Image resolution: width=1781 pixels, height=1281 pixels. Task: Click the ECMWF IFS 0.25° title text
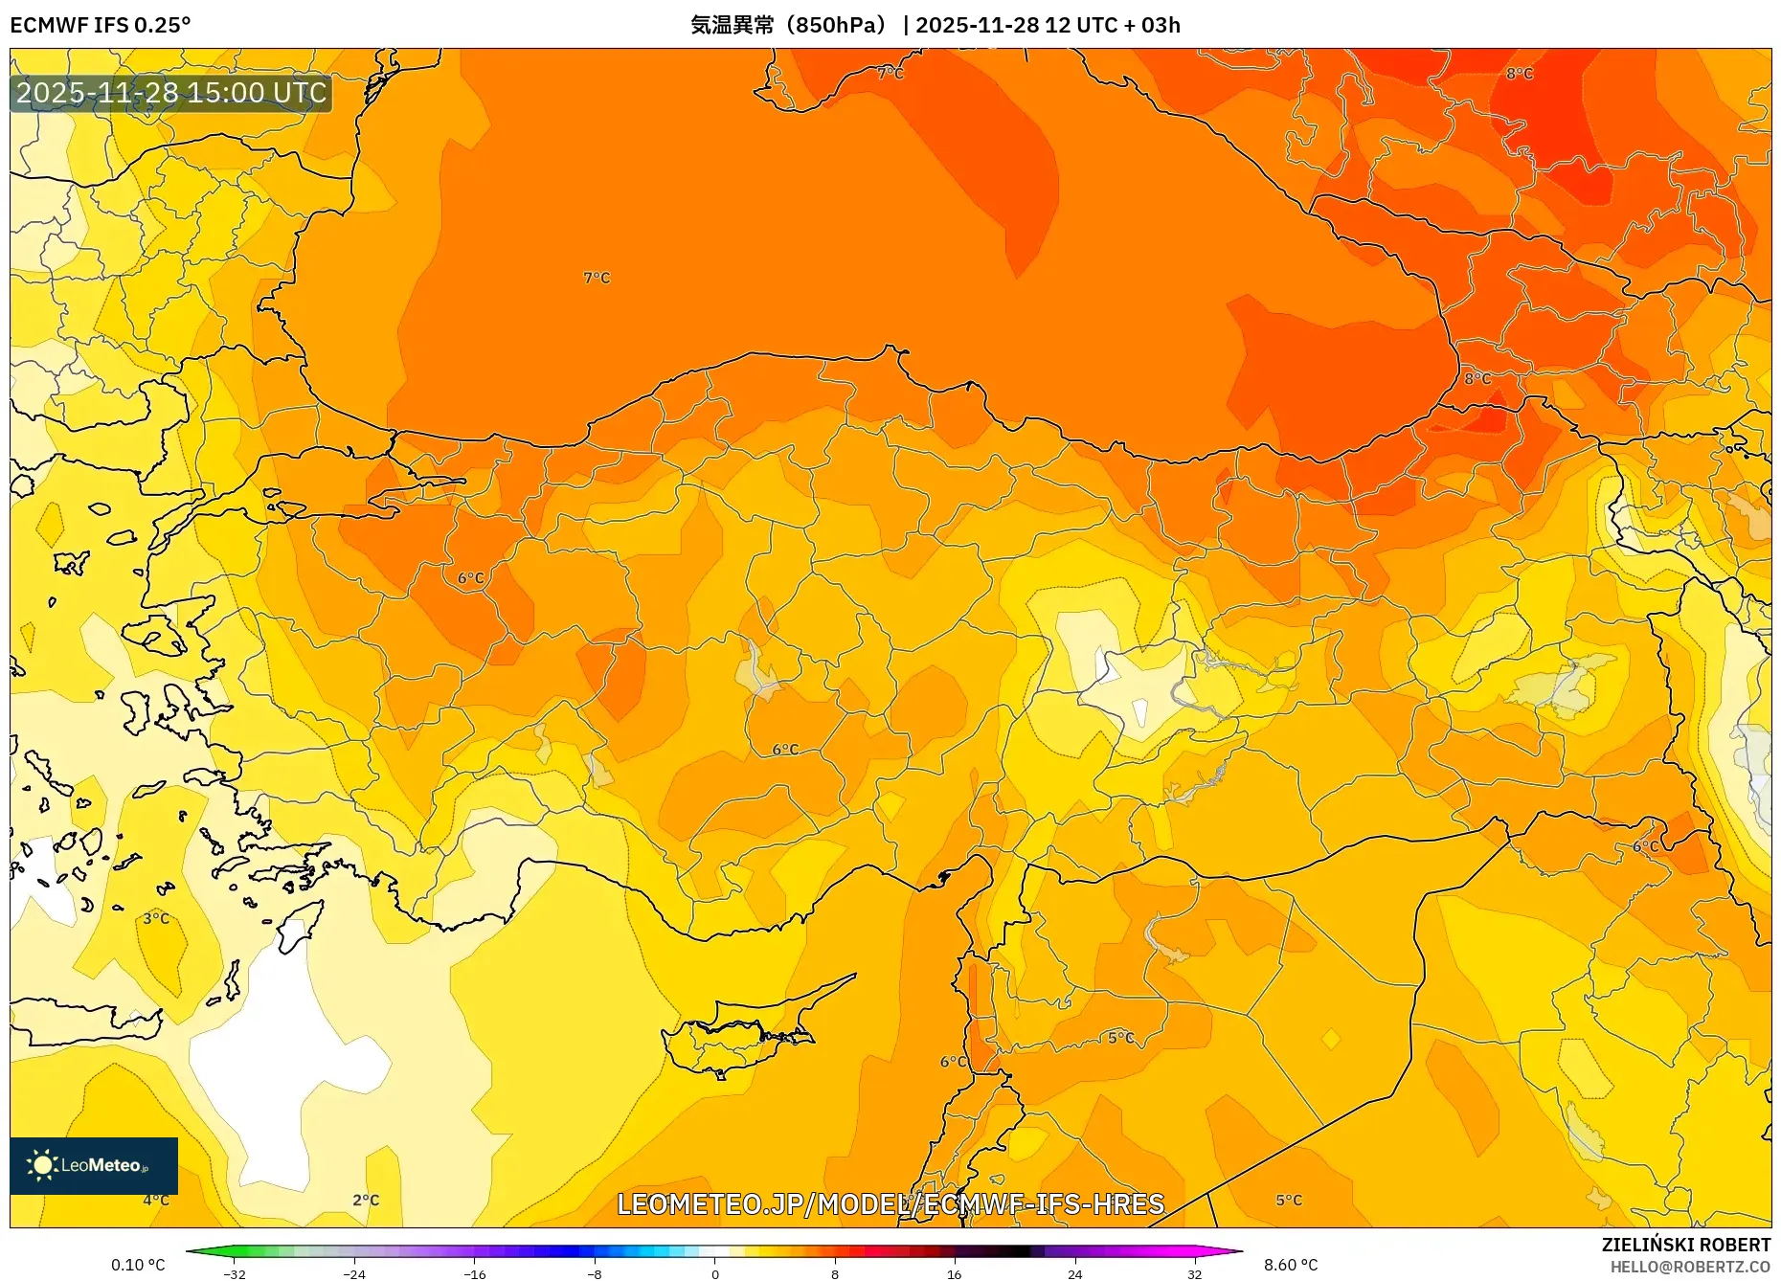tap(101, 25)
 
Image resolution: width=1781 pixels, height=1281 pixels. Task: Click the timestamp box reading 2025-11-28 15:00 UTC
tap(171, 93)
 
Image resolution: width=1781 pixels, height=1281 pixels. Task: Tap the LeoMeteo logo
tap(93, 1165)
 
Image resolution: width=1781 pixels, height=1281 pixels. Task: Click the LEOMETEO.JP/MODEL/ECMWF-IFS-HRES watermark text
tap(890, 1203)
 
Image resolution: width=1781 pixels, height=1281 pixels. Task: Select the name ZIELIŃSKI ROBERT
tap(1685, 1245)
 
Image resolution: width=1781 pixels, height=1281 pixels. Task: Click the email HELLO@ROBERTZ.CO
tap(1689, 1267)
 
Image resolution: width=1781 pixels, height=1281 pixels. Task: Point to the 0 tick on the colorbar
tap(714, 1273)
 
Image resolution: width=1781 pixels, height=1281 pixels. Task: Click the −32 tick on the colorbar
tap(235, 1273)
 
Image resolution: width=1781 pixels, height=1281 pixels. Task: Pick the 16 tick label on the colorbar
tap(954, 1273)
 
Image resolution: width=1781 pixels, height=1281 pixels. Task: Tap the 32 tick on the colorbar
tap(1194, 1273)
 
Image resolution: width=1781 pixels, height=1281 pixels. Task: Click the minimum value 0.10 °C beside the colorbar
tap(138, 1265)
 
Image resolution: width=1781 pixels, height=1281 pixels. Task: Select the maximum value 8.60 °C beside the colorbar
tap(1291, 1265)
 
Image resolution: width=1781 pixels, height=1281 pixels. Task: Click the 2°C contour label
tap(366, 1200)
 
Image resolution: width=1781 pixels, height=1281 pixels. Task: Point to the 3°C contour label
tap(156, 918)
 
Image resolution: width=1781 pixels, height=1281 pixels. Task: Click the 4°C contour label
tap(156, 1200)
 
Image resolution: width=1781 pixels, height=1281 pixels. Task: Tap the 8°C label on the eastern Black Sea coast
tap(1477, 378)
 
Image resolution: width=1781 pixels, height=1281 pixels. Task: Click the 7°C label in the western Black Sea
tap(597, 278)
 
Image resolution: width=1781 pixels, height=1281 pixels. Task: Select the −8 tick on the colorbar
tap(595, 1273)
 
